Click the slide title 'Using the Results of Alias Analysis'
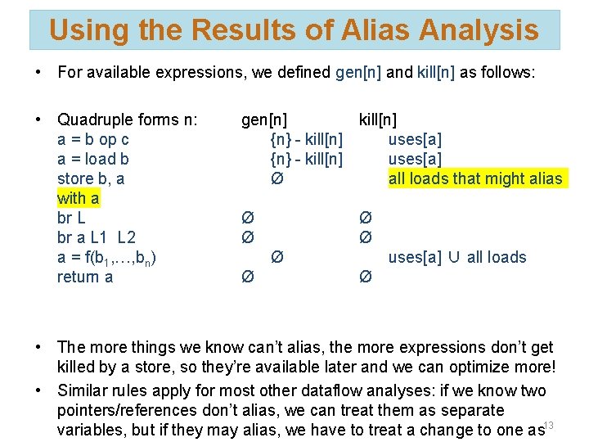pos(294,30)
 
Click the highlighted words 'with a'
pos(79,198)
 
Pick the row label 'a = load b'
pos(93,159)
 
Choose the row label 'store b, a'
pos(91,178)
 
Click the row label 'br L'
pos(71,218)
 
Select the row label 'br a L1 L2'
pos(97,237)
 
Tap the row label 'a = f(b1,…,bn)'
pos(107,258)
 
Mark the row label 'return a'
pos(85,277)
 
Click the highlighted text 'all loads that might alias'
pos(475,178)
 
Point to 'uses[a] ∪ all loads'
pos(457,257)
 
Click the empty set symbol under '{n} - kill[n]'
pos(277,178)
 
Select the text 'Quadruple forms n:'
pos(128,120)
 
